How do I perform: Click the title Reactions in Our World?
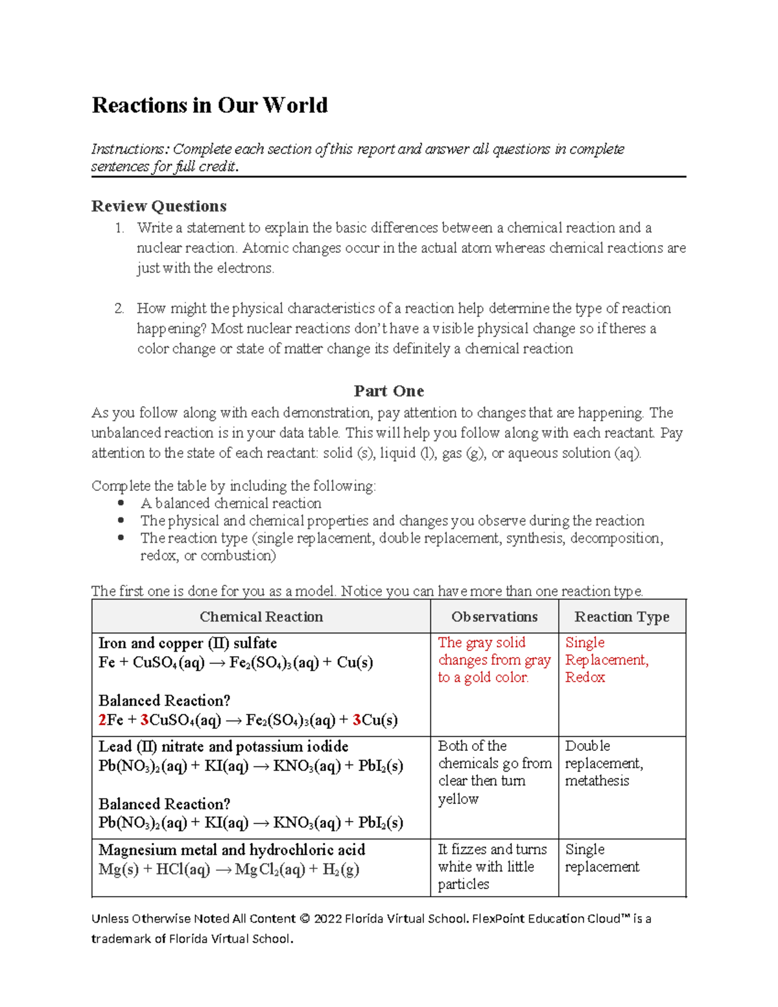pyautogui.click(x=209, y=105)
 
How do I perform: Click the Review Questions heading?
pyautogui.click(x=159, y=206)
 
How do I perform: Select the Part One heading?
pyautogui.click(x=388, y=391)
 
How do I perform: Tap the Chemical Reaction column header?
pyautogui.click(x=261, y=617)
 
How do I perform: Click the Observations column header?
pyautogui.click(x=494, y=617)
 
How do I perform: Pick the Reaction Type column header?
pyautogui.click(x=621, y=617)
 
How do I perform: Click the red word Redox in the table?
pyautogui.click(x=585, y=677)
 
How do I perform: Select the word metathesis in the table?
pyautogui.click(x=596, y=781)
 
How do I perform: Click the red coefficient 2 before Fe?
pyautogui.click(x=102, y=720)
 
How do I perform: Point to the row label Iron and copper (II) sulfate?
pyautogui.click(x=187, y=643)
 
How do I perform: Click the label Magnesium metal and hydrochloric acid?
pyautogui.click(x=231, y=850)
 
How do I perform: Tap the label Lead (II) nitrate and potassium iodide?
pyautogui.click(x=223, y=746)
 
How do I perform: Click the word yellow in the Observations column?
pyautogui.click(x=458, y=799)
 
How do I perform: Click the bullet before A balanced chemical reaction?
pyautogui.click(x=121, y=503)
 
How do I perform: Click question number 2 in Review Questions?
pyautogui.click(x=119, y=309)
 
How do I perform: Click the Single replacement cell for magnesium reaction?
pyautogui.click(x=602, y=858)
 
